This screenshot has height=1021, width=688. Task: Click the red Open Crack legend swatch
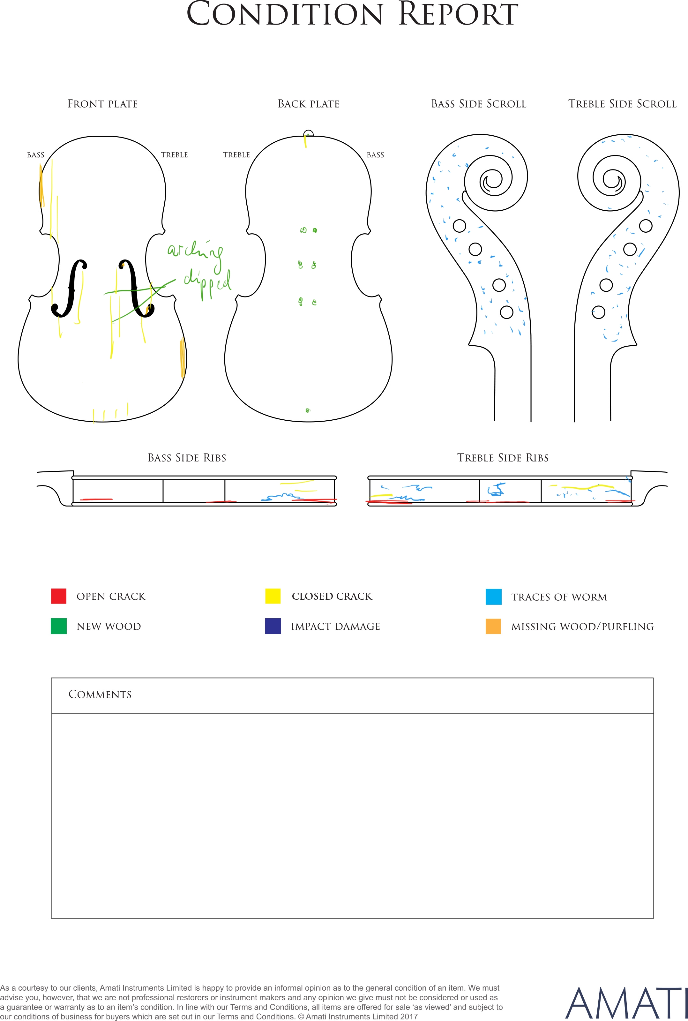pyautogui.click(x=59, y=596)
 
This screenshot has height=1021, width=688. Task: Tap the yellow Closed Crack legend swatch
pyautogui.click(x=273, y=596)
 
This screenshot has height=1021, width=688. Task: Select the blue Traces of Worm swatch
pyautogui.click(x=494, y=597)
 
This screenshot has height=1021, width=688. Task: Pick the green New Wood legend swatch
pyautogui.click(x=59, y=626)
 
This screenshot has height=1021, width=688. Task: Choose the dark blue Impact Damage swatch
pyautogui.click(x=273, y=626)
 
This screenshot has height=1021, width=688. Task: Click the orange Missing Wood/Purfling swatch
pyautogui.click(x=493, y=626)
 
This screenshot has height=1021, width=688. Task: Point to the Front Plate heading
pyautogui.click(x=103, y=104)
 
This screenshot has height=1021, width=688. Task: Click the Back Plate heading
pyautogui.click(x=309, y=104)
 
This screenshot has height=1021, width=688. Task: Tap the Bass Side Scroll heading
pyautogui.click(x=479, y=104)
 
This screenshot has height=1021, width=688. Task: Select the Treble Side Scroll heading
pyautogui.click(x=623, y=104)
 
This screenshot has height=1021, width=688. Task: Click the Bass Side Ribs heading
pyautogui.click(x=187, y=458)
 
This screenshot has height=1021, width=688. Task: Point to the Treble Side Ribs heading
pyautogui.click(x=503, y=458)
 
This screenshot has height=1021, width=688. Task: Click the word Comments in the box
pyautogui.click(x=100, y=694)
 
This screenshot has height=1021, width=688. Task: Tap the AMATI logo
pyautogui.click(x=626, y=1003)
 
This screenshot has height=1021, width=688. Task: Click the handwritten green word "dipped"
pyautogui.click(x=207, y=283)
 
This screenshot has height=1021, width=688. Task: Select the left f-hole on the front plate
pyautogui.click(x=69, y=288)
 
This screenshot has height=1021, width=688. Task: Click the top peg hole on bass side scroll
pyautogui.click(x=460, y=226)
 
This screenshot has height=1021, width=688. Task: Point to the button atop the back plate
pyautogui.click(x=309, y=134)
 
